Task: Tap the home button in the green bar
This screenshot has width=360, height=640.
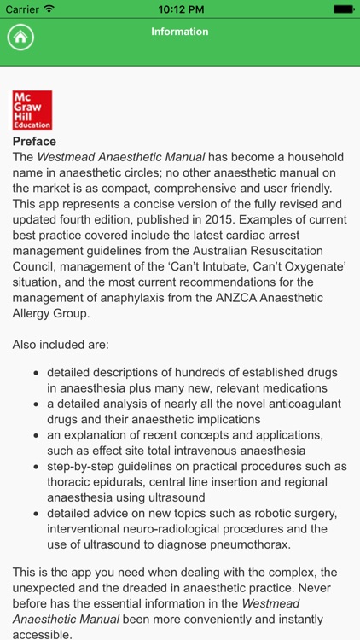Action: coord(21,38)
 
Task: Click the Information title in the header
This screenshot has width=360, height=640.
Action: coord(179,32)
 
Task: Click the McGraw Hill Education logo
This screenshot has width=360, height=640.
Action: coord(32,110)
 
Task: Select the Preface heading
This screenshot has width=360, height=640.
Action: coord(34,142)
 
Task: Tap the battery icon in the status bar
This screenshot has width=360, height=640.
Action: coord(342,9)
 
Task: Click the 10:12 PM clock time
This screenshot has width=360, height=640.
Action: coord(179,9)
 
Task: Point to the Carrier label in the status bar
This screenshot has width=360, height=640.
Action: coord(22,9)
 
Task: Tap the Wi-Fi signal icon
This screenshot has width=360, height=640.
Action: coord(49,9)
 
